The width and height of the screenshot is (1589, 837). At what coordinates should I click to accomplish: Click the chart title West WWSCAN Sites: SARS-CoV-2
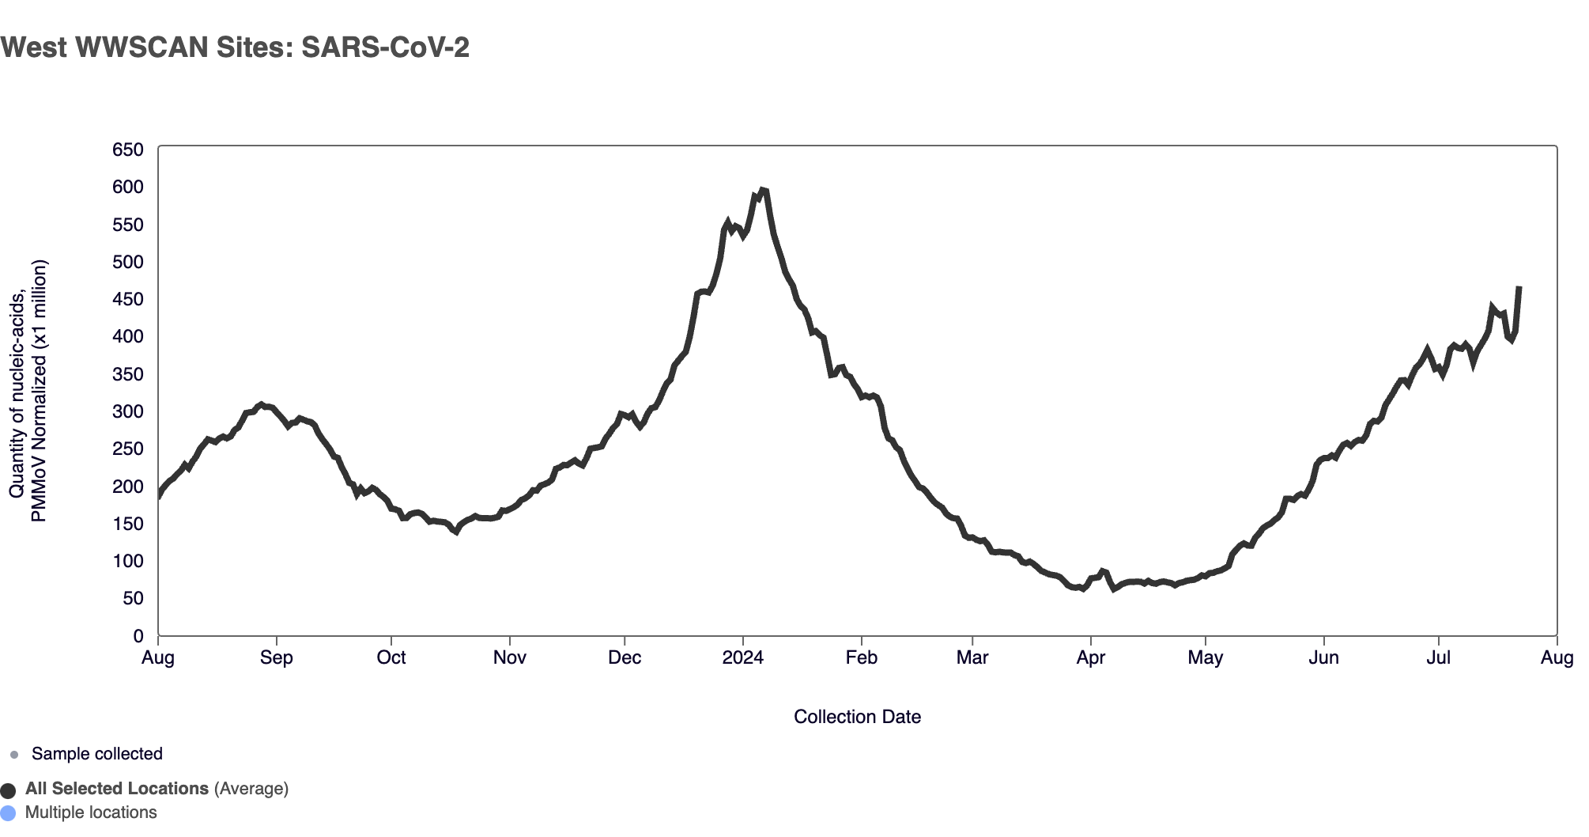point(235,47)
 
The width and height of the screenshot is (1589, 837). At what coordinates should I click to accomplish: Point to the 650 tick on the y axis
point(127,150)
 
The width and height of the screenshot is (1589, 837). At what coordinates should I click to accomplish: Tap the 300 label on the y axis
point(127,411)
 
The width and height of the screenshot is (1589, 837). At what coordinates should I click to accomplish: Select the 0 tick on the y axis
point(138,636)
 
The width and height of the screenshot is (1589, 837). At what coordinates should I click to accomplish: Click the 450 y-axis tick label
point(127,299)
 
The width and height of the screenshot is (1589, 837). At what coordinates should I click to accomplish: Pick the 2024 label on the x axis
point(742,658)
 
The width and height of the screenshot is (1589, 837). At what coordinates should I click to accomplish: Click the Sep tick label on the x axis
point(276,658)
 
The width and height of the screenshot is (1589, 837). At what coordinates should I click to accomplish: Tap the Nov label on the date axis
point(509,658)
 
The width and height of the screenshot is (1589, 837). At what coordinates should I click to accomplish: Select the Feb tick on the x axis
point(861,658)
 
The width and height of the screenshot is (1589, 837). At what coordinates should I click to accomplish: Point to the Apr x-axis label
point(1090,658)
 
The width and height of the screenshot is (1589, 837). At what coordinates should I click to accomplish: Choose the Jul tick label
point(1438,658)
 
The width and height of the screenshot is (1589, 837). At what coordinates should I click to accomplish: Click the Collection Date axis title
point(857,717)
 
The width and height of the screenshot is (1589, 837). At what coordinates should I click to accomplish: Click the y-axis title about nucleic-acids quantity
point(28,392)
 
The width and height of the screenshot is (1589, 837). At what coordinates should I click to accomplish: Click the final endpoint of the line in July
point(1519,288)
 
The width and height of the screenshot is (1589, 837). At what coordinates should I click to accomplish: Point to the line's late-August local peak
point(262,404)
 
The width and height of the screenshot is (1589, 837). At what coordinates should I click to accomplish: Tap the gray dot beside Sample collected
point(14,755)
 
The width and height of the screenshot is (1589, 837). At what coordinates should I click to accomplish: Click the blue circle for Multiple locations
point(8,813)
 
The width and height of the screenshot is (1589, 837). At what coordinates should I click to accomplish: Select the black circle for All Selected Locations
point(8,790)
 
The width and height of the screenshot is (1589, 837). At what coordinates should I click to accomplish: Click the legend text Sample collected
point(97,754)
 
